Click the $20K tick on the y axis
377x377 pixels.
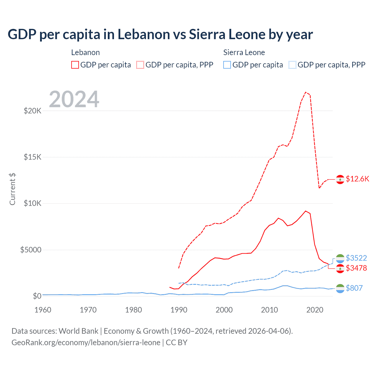(32, 111)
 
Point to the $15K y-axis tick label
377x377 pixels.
(32, 157)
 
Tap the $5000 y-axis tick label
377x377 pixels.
(31, 250)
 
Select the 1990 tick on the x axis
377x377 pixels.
(179, 310)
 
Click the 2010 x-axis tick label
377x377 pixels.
(269, 310)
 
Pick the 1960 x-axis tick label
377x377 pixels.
(43, 310)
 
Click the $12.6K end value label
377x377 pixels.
(357, 179)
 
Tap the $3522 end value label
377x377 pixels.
(356, 258)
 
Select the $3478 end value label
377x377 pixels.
(356, 268)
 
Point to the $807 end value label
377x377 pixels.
(354, 288)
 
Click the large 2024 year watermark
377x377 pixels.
(74, 99)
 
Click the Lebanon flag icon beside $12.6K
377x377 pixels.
(340, 179)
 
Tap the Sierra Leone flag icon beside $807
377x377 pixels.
(340, 288)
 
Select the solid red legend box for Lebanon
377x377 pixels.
(75, 65)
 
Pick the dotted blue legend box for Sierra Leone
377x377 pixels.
(292, 65)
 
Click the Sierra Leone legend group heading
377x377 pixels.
(244, 53)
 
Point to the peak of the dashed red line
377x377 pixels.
(306, 92)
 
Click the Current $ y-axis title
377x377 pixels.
(12, 189)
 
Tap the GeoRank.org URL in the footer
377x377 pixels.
(86, 343)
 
